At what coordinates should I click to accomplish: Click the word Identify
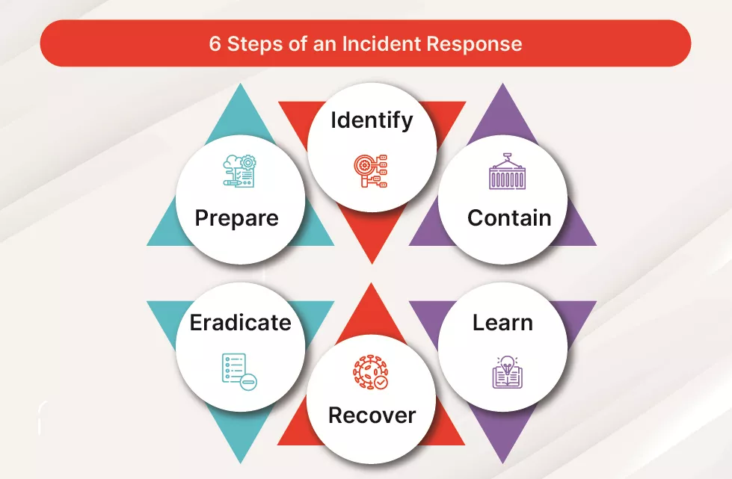tap(372, 121)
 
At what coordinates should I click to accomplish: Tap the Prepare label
tap(237, 218)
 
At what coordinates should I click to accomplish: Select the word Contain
tap(509, 217)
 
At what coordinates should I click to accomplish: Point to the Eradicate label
tap(241, 323)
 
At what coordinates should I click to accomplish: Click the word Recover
tap(372, 415)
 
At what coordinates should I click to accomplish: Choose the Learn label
tap(502, 323)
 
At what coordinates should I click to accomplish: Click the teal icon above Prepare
tap(239, 171)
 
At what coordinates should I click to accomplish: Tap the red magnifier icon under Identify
tap(371, 171)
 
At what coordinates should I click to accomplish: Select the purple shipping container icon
tap(508, 171)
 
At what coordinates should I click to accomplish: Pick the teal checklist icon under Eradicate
tap(239, 371)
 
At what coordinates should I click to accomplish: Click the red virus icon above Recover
tap(371, 372)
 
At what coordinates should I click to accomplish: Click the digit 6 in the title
tap(215, 44)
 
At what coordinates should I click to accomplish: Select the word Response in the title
tap(474, 44)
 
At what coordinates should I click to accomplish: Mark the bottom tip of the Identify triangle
tap(372, 264)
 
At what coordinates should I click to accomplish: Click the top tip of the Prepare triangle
tap(241, 84)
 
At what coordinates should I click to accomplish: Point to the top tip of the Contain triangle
tap(502, 84)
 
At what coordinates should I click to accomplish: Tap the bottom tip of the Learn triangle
tap(502, 463)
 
